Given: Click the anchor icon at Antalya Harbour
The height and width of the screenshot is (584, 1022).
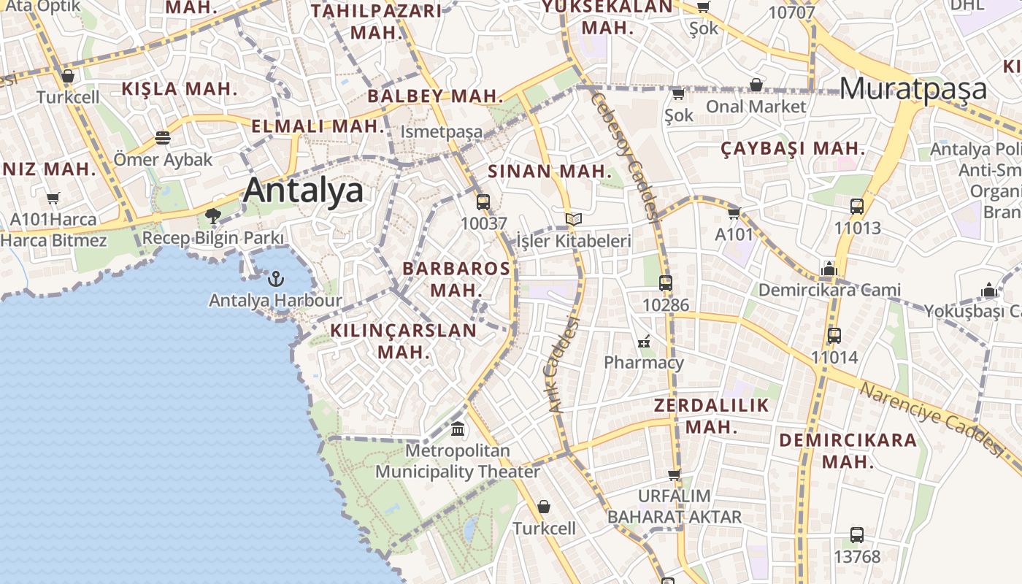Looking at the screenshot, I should (x=275, y=278).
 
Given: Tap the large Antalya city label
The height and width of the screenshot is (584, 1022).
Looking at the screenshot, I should (x=303, y=191).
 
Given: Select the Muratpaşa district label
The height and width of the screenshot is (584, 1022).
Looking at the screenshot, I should (x=913, y=89).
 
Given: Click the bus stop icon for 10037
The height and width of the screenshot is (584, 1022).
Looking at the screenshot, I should (x=483, y=202).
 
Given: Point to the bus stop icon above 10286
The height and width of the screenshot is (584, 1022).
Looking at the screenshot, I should (x=665, y=283).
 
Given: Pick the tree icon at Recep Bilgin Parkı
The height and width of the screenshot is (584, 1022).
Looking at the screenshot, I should (x=213, y=216).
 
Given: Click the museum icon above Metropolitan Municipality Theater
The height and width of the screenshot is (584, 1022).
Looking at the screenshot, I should (x=458, y=429).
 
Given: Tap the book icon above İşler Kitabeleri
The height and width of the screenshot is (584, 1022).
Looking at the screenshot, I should (x=574, y=219).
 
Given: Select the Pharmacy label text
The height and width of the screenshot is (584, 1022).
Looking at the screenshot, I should (x=644, y=362).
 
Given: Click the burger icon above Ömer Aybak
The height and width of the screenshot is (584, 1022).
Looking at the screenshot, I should (x=163, y=138).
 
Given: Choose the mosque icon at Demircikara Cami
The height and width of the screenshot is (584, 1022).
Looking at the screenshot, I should (x=829, y=269).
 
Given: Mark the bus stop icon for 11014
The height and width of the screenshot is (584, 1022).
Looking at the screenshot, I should (x=834, y=336).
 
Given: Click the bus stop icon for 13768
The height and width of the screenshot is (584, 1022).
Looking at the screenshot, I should (x=856, y=535).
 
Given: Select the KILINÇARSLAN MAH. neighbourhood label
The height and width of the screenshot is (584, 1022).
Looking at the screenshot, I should (x=403, y=341).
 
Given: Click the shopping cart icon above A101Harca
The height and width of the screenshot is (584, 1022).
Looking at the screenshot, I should (x=53, y=198).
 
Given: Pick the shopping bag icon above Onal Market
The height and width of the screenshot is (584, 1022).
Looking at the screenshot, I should (x=756, y=85).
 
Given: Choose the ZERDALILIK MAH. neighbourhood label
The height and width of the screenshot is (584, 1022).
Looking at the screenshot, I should (x=712, y=416).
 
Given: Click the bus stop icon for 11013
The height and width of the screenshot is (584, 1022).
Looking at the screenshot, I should (x=856, y=207).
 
